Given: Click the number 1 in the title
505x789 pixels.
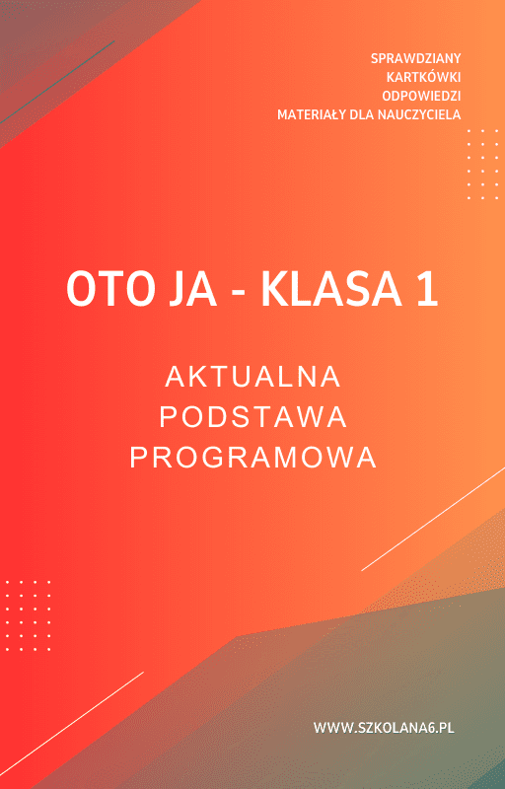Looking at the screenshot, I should point(425,290).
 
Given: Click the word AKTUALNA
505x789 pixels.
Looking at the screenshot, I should point(252,377).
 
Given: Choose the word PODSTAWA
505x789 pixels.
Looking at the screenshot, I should point(252,417).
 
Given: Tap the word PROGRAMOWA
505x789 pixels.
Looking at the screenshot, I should point(252,458).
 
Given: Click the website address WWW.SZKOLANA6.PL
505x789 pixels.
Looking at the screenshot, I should point(383,728).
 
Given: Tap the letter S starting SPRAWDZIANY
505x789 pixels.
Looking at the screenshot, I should point(375,58).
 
